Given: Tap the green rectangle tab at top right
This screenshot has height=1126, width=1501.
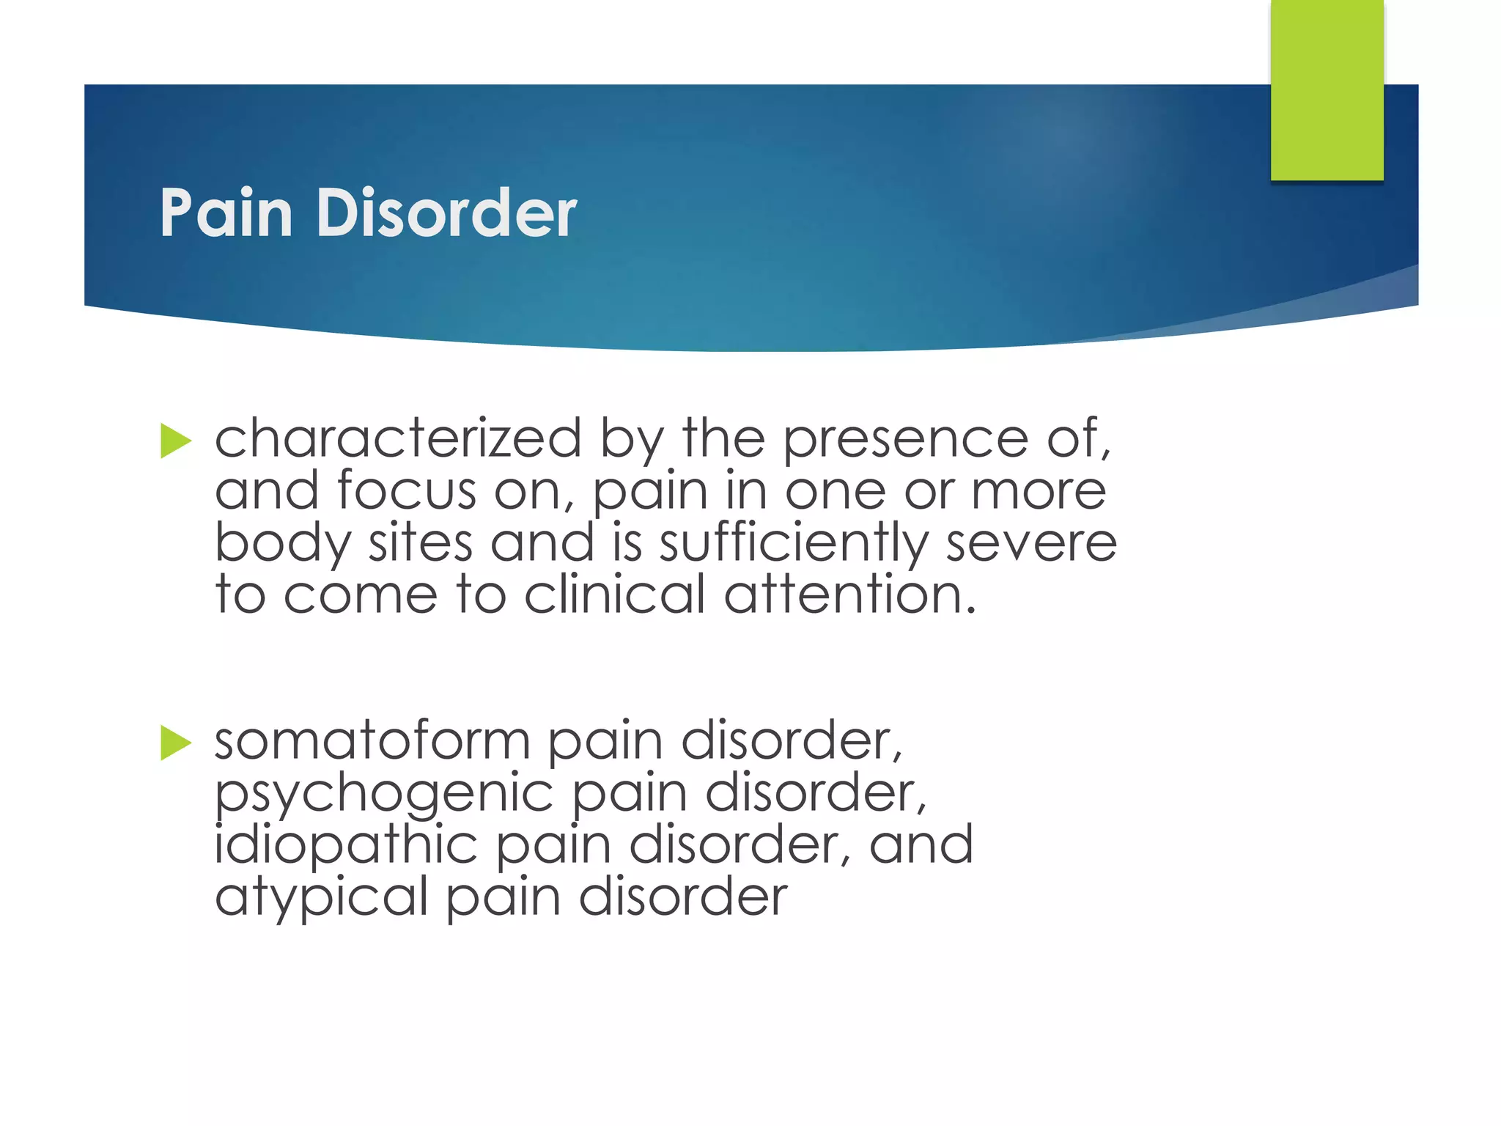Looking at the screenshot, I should pyautogui.click(x=1327, y=89).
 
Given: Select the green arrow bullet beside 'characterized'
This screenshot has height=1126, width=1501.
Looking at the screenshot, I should pyautogui.click(x=176, y=441).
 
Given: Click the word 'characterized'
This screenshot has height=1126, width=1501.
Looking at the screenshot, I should pyautogui.click(x=398, y=438).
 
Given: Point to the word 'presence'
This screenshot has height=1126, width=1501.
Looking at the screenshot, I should pyautogui.click(x=906, y=438).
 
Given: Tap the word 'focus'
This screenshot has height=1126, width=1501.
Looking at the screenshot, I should pyautogui.click(x=407, y=490).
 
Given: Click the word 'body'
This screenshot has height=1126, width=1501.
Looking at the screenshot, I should pyautogui.click(x=283, y=544).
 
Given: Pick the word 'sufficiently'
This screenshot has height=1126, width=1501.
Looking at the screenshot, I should pyautogui.click(x=794, y=544).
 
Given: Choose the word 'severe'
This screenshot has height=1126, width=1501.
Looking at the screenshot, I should pyautogui.click(x=1031, y=544).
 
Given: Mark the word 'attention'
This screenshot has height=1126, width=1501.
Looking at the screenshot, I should pyautogui.click(x=850, y=595).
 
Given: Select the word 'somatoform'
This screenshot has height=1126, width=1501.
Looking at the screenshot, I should pyautogui.click(x=372, y=741).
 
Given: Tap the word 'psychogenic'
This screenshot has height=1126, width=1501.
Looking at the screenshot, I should pyautogui.click(x=384, y=794).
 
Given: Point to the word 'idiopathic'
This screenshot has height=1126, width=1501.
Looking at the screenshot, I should pyautogui.click(x=346, y=845).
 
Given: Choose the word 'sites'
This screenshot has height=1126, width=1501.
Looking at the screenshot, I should pyautogui.click(x=420, y=544).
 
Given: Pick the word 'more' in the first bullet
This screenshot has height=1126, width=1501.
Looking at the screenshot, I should pyautogui.click(x=1038, y=490).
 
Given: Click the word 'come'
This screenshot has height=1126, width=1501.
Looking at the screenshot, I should pyautogui.click(x=361, y=595).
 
